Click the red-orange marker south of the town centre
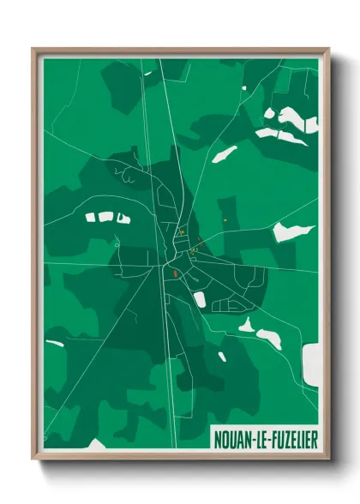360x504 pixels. pos(175,274)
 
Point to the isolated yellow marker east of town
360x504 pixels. pos(225,220)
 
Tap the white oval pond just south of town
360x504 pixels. pos(200,299)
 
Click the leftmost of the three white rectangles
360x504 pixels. pos(92,218)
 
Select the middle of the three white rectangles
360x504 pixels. pos(106,217)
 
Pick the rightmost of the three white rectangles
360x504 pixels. pos(123,218)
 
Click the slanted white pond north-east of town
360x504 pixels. pos(225,154)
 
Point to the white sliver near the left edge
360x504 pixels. pos(55,344)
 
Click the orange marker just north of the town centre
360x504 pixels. pos(182,232)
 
